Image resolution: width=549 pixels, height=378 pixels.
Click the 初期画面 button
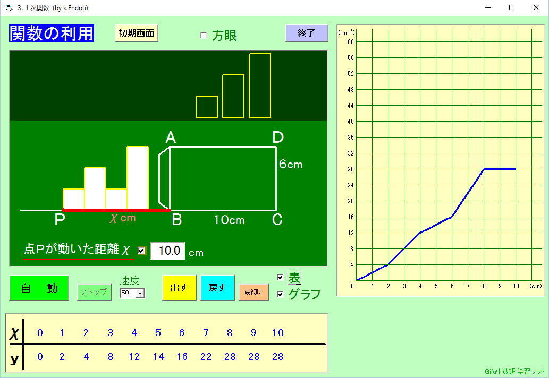pyautogui.click(x=137, y=33)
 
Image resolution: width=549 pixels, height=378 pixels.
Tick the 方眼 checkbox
pyautogui.click(x=204, y=35)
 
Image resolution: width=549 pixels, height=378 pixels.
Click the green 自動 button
pyautogui.click(x=39, y=288)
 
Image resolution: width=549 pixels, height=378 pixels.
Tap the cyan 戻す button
pyautogui.click(x=217, y=288)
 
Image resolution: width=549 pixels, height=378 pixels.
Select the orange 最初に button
pyautogui.click(x=254, y=291)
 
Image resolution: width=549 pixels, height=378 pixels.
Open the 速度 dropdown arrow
pyautogui.click(x=140, y=293)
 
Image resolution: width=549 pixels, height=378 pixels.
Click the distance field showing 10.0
pyautogui.click(x=168, y=251)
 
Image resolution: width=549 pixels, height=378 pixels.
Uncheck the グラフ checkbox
pyautogui.click(x=280, y=294)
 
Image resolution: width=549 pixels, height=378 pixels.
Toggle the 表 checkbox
pyautogui.click(x=280, y=277)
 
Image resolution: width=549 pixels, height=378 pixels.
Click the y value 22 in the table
pyautogui.click(x=206, y=357)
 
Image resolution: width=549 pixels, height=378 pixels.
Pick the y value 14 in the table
pyautogui.click(x=158, y=357)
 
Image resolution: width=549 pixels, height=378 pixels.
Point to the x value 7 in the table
pyautogui.click(x=206, y=332)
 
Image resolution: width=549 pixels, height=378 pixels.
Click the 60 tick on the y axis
pyautogui.click(x=350, y=41)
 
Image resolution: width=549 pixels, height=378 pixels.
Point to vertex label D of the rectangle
pyautogui.click(x=278, y=138)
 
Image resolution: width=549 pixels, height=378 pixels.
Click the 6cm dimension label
pyautogui.click(x=291, y=165)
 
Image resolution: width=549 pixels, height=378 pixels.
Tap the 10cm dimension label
pyautogui.click(x=229, y=220)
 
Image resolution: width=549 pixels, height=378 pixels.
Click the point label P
pyautogui.click(x=60, y=220)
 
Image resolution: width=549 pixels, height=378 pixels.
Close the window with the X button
pyautogui.click(x=536, y=7)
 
